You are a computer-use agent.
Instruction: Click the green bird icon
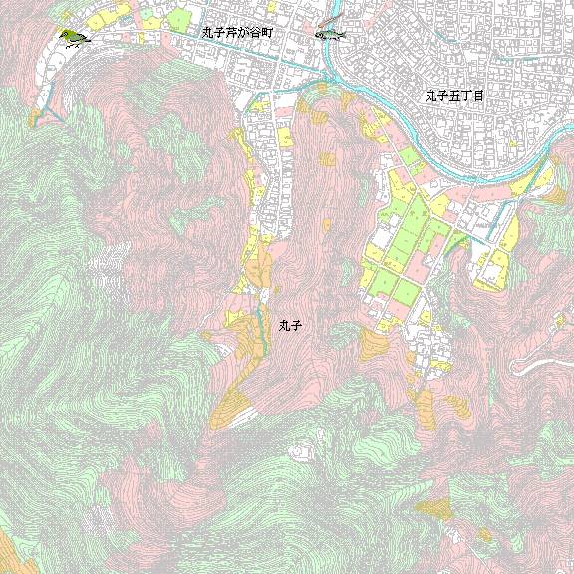pos(73,39)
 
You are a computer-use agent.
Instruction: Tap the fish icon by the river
pos(330,34)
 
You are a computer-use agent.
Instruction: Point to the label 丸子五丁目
pos(453,96)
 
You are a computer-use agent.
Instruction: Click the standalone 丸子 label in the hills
pos(290,325)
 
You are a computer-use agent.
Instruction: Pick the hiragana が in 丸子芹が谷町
pos(244,33)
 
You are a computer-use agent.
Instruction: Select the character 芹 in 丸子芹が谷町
pos(231,33)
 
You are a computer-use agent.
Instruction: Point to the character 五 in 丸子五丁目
pos(453,96)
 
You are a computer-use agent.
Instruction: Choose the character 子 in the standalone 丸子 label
pos(296,325)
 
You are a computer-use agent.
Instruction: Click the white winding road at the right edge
pos(543,362)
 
